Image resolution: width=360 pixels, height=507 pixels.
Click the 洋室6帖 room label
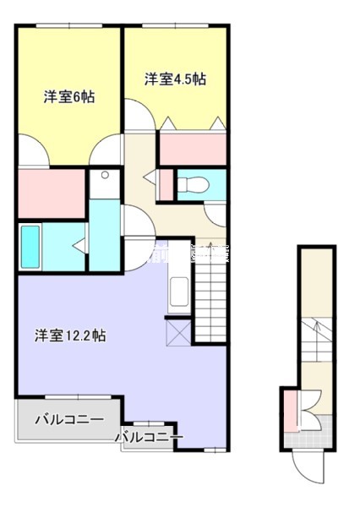tap(69, 96)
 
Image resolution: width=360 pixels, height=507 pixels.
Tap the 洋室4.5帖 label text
tap(175, 79)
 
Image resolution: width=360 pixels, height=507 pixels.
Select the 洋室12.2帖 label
tap(70, 335)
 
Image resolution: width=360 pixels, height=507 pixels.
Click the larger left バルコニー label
tap(68, 419)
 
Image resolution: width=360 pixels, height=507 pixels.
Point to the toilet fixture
tap(194, 184)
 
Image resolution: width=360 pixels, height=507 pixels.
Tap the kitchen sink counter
tap(179, 291)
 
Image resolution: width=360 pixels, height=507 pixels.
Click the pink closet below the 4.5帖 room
tap(192, 150)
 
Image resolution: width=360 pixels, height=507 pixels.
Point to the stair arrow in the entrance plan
tap(317, 333)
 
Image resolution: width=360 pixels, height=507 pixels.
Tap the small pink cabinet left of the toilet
tap(166, 185)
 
